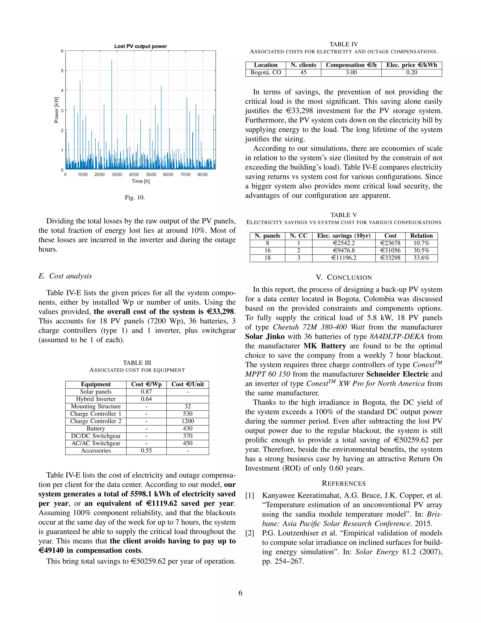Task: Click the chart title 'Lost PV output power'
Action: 140,46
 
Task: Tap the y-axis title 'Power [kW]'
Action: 56,110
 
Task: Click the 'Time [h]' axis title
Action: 140,181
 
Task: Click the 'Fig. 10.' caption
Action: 135,197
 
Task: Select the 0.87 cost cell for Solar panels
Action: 146,392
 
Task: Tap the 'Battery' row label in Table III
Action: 96,428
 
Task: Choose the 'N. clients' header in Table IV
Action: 303,65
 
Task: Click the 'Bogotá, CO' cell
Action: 266,72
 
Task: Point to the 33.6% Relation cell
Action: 421,258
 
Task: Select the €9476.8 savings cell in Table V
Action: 344,250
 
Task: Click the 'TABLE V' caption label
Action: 344,215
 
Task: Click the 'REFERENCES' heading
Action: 344,483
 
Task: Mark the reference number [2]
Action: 250,533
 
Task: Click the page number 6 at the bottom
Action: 240,593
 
